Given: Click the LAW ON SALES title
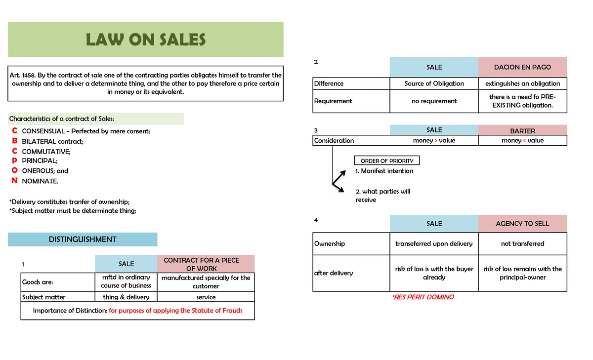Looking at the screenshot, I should tap(146, 40).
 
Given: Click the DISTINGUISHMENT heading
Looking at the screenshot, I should tap(83, 240).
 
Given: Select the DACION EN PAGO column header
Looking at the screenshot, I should tap(522, 67).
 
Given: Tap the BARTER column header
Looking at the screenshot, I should tap(522, 131).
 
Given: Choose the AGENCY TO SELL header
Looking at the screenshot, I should tap(522, 224).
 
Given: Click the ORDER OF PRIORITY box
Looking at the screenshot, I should tap(387, 161).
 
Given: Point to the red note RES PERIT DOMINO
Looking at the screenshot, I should tap(423, 297).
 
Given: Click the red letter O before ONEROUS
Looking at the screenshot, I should tap(15, 170).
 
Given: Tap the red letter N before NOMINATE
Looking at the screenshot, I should tap(15, 181).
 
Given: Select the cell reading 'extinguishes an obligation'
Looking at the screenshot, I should tap(522, 83).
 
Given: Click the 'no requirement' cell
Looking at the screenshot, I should tap(434, 101).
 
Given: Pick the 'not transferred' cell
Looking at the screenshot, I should tap(522, 244).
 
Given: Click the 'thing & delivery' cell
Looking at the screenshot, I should tap(126, 297).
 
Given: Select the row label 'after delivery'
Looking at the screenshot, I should tap(334, 273).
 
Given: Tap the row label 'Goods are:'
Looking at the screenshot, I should tap(38, 282).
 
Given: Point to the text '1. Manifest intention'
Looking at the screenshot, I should tap(384, 171).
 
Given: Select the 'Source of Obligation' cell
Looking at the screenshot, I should tap(434, 83).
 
